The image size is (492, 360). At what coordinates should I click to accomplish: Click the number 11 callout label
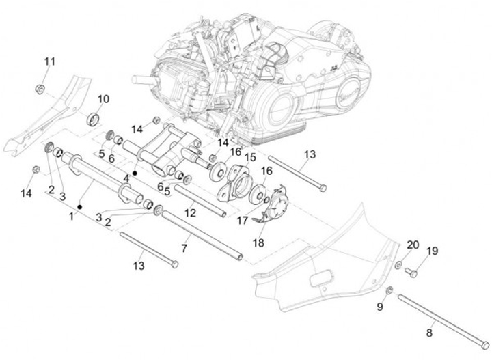[x=50, y=62]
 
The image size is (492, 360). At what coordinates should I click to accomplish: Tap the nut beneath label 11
[x=41, y=88]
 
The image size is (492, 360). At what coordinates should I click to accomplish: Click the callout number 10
[x=102, y=99]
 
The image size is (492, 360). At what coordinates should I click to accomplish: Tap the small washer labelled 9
[x=389, y=292]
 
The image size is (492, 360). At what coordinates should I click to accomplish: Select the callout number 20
[x=413, y=245]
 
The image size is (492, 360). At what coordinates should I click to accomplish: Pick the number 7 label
[x=184, y=247]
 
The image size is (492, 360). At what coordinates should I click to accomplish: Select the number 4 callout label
[x=126, y=179]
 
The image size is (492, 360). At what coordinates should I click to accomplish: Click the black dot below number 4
[x=135, y=174]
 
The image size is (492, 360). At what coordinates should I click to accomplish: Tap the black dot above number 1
[x=80, y=205]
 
